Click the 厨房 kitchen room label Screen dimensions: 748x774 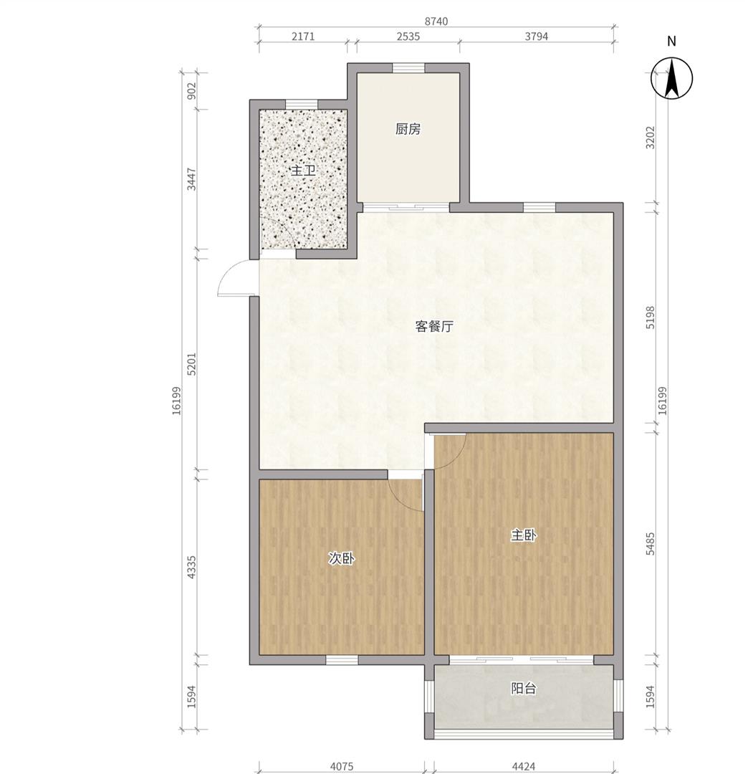point(408,129)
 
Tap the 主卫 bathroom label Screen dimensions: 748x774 point(304,171)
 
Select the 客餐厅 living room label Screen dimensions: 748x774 point(434,327)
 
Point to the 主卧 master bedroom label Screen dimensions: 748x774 point(524,535)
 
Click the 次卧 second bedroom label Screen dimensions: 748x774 point(342,559)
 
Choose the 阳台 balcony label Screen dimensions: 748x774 point(524,688)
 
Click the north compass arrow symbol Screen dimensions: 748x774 point(671,78)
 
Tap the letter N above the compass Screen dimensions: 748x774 point(671,42)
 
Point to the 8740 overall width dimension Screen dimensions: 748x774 point(436,21)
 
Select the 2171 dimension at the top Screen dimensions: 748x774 point(303,37)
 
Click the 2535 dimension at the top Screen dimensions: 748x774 point(408,37)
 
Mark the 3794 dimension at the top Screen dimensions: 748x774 point(537,37)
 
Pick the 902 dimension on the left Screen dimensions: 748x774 point(192,91)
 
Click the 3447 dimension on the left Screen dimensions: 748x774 point(192,180)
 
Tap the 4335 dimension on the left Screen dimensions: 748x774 point(192,567)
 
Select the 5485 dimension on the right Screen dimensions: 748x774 point(651,544)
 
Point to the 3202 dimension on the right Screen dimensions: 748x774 point(651,138)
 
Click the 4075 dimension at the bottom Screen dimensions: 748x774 point(342,767)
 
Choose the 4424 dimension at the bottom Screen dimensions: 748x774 point(524,767)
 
